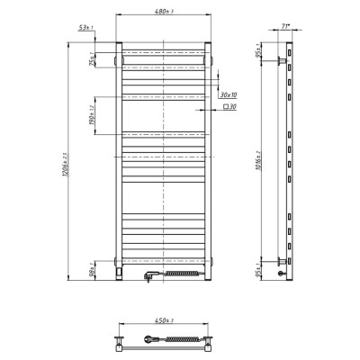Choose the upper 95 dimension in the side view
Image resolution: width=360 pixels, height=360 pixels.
point(258,51)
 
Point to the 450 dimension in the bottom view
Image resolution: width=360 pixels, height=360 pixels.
point(163,320)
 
